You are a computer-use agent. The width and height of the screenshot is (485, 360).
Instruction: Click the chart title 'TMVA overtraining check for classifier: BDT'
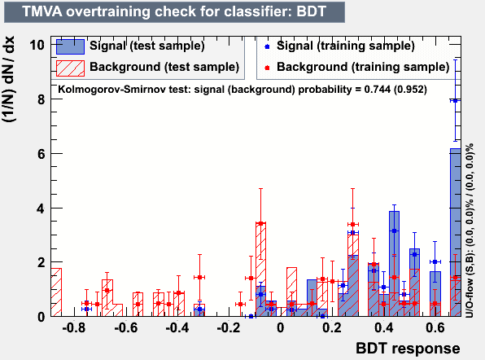coord(174,11)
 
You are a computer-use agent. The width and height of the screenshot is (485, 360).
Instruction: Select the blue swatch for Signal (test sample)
coord(70,46)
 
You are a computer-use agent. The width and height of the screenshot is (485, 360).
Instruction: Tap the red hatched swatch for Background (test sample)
coord(70,68)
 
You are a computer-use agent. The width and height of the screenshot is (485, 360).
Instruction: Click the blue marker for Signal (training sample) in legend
coord(267,46)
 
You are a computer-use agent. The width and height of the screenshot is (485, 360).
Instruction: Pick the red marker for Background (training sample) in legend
coord(267,68)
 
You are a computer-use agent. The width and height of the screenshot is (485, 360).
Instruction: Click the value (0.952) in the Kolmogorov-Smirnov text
coord(410,90)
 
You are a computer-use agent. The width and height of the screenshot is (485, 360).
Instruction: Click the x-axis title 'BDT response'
coord(408,349)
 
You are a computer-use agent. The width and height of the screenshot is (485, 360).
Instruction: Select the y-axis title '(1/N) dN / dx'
coord(9,80)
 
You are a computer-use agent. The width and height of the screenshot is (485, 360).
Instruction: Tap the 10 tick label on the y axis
coord(37,45)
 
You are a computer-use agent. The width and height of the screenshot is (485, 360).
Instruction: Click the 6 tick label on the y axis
coord(41,154)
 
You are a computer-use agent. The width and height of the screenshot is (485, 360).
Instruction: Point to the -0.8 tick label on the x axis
coord(73,327)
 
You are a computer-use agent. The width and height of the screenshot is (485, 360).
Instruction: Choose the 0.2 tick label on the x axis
coord(332,327)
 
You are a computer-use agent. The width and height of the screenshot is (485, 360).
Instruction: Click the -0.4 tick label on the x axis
coord(177,327)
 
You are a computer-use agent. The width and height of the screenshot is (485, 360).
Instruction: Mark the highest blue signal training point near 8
coord(455,101)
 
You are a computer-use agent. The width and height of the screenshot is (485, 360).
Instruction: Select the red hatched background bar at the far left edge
coord(56,292)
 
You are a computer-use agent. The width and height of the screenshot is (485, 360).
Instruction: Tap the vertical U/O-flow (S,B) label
coord(470,230)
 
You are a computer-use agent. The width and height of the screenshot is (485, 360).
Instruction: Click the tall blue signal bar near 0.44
coord(394,264)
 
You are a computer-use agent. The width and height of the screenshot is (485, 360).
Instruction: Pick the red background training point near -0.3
coord(199,277)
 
